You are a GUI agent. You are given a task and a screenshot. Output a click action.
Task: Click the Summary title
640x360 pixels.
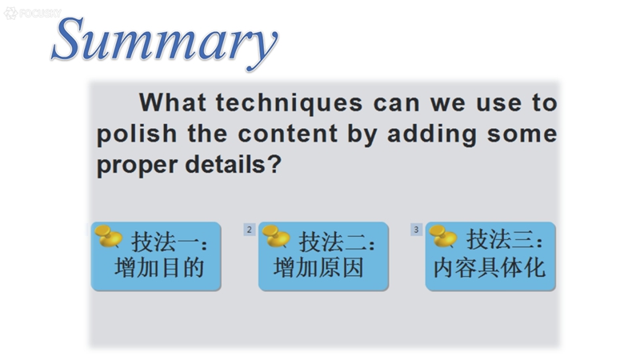(x=165, y=42)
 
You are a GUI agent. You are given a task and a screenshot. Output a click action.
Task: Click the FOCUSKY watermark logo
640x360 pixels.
(x=33, y=13)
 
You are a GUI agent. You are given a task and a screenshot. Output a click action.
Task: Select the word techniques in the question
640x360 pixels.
(x=289, y=102)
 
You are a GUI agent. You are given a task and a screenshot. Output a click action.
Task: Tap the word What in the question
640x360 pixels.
(x=172, y=102)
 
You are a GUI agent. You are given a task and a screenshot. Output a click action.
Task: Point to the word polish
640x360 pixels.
(x=137, y=134)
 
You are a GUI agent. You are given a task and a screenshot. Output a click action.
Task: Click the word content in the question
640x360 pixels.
(x=288, y=134)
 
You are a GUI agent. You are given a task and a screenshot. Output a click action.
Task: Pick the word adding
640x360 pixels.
(x=432, y=134)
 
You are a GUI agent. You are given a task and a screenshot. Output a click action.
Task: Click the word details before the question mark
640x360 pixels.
(x=226, y=165)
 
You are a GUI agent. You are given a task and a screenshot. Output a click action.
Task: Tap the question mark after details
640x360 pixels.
(x=274, y=165)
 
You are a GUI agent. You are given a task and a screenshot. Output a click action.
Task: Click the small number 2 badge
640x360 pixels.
(x=250, y=230)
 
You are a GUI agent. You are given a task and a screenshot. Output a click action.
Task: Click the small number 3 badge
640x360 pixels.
(x=416, y=230)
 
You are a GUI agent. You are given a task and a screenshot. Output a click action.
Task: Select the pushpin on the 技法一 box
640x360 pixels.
(x=108, y=236)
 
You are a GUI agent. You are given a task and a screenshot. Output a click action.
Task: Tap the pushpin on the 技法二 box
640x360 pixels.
(x=276, y=236)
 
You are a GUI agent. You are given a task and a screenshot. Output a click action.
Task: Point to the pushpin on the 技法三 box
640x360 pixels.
(x=443, y=236)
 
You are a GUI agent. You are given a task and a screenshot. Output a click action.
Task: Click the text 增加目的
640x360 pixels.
(x=159, y=268)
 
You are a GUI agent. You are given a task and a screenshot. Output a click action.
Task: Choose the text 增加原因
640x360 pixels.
(x=318, y=268)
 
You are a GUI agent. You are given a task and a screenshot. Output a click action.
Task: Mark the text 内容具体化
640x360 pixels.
(x=490, y=268)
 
